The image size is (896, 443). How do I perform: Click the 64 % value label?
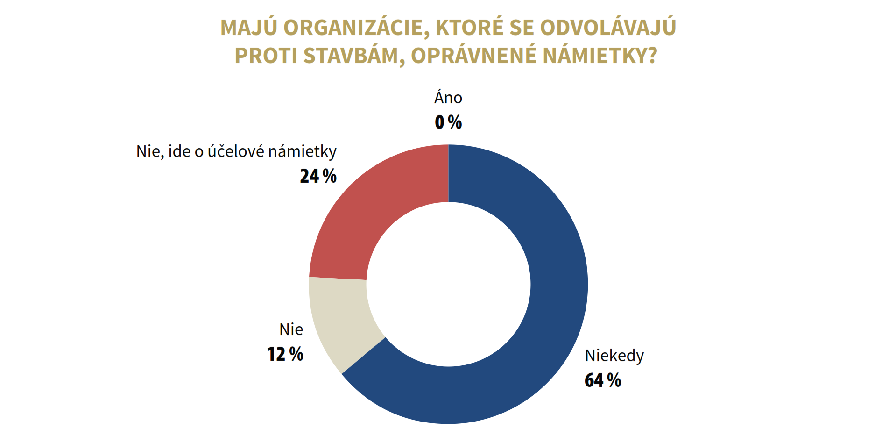coord(602,380)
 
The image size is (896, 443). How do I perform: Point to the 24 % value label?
coord(318,177)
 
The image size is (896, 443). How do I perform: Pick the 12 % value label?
coord(285,354)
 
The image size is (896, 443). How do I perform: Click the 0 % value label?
coord(448,122)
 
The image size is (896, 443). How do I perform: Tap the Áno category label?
coord(448,98)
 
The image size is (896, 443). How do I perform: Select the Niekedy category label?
coord(614,356)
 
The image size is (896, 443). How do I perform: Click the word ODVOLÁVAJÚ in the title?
coord(608,28)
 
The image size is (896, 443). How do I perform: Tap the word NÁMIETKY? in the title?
coord(600,56)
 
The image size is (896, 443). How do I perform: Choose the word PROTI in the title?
coord(266,56)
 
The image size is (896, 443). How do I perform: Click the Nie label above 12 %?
coord(291,329)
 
